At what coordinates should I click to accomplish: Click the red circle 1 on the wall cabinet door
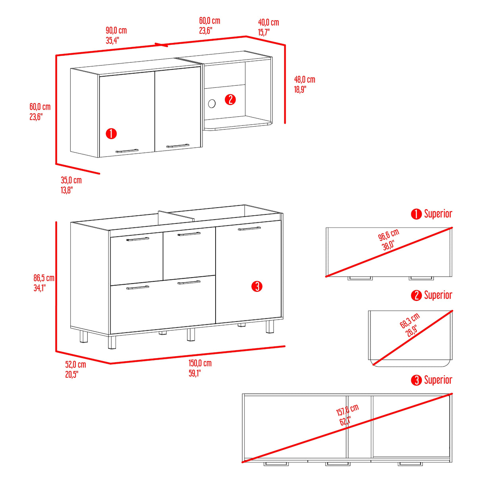(x=111, y=134)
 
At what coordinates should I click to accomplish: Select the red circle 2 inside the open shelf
(x=230, y=100)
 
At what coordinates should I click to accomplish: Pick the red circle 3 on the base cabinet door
(x=256, y=287)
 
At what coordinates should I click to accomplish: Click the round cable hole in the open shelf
(x=212, y=104)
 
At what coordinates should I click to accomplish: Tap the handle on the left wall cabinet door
(x=127, y=151)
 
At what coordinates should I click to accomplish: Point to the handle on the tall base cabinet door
(x=249, y=228)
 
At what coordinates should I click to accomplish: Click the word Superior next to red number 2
(x=438, y=295)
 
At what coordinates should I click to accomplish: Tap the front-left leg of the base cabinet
(x=112, y=342)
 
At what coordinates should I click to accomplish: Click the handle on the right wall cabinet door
(x=178, y=146)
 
